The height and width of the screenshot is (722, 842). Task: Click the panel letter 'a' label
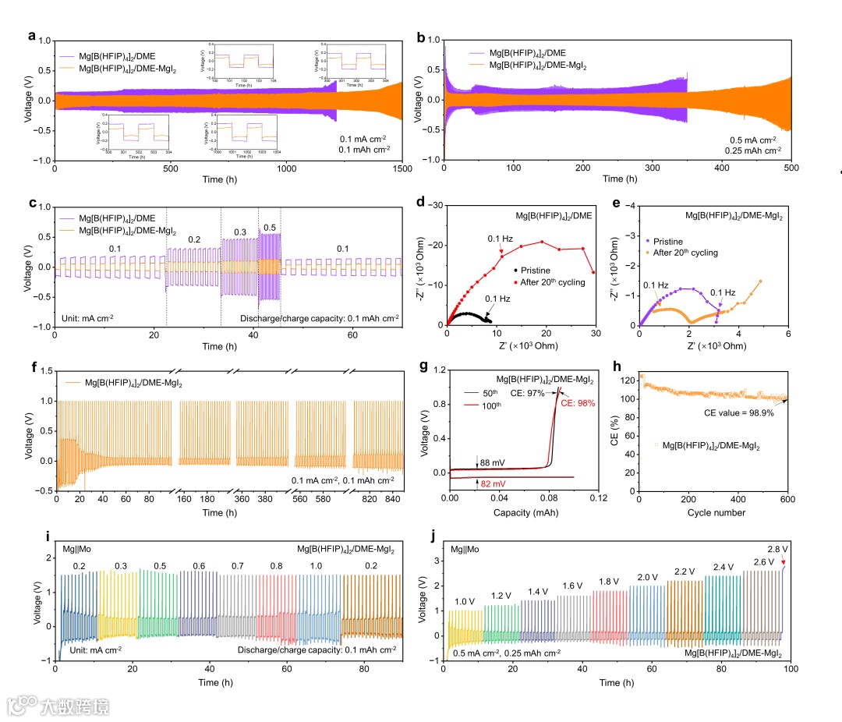[31, 35]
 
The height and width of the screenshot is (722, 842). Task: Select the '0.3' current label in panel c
[239, 233]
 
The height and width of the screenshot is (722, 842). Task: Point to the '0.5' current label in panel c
[269, 227]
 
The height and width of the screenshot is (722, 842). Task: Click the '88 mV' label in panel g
[493, 462]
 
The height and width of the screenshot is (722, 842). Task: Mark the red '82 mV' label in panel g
[492, 484]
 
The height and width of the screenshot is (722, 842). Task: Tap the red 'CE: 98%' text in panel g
[578, 403]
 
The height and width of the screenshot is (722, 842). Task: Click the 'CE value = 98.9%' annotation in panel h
[723, 413]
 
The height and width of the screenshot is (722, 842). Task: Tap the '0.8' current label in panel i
[277, 566]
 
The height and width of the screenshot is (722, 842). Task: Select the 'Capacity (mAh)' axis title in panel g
[524, 513]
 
